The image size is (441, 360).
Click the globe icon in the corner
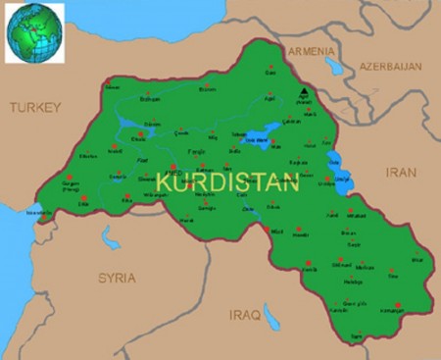[34, 31]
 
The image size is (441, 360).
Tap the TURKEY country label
[35, 107]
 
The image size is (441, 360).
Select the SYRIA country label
[117, 278]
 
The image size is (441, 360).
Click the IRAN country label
[401, 171]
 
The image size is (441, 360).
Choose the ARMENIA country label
[311, 51]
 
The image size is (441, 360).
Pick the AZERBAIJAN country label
[389, 67]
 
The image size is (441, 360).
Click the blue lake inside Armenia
[334, 67]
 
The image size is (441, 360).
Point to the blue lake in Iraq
[271, 315]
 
